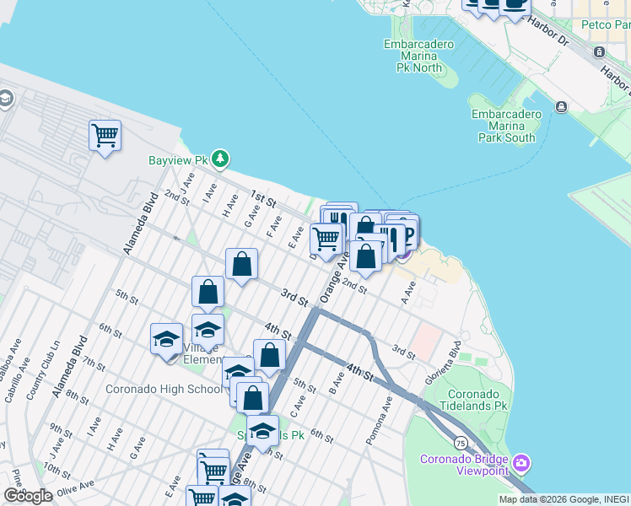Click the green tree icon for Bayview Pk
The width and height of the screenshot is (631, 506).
tap(220, 159)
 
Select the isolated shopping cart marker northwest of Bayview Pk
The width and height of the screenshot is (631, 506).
tap(105, 136)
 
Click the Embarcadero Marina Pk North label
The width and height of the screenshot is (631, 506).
tap(418, 56)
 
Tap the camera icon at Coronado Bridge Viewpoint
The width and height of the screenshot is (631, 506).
tap(521, 462)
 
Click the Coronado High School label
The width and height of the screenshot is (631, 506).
tap(164, 389)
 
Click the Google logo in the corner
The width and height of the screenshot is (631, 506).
tap(28, 496)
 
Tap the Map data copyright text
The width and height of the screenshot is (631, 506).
tap(564, 499)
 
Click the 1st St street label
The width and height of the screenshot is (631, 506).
tap(264, 200)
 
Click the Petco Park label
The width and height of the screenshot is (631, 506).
tap(612, 25)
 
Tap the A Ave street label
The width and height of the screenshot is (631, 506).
tap(409, 294)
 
